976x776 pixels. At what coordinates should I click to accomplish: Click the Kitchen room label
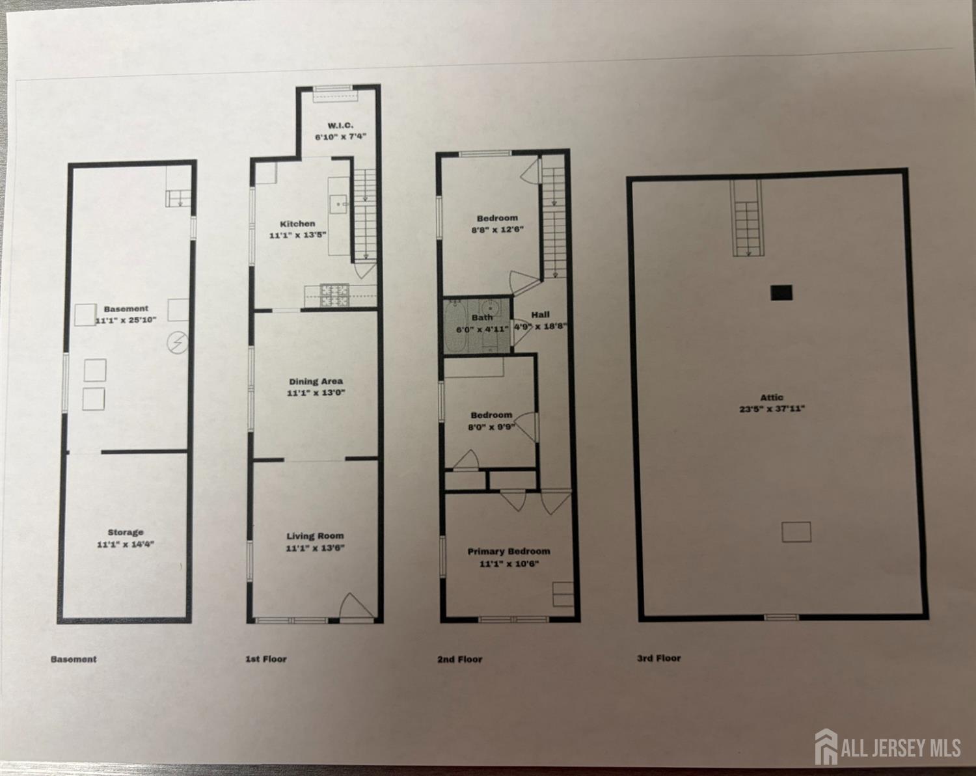point(297,224)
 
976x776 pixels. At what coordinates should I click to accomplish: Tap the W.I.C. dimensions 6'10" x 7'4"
point(340,137)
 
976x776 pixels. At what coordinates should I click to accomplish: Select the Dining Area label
point(316,381)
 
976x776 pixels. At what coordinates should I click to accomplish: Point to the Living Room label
point(315,536)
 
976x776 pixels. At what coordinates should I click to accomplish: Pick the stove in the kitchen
point(334,295)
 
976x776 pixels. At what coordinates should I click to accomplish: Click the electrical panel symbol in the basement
point(178,342)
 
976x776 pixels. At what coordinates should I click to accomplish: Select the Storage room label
point(126,533)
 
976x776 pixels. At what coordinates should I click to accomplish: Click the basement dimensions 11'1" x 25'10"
point(126,320)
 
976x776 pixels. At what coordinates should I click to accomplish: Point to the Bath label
point(481,317)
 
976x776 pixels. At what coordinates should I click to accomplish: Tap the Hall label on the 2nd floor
point(540,314)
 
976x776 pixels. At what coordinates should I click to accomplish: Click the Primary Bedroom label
point(509,552)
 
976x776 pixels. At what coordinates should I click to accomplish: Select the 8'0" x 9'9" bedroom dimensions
point(492,427)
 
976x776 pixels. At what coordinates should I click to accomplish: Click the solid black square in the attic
point(781,293)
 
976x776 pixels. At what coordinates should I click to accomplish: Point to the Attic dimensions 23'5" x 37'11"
point(772,408)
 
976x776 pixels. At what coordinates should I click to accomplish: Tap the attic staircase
point(746,219)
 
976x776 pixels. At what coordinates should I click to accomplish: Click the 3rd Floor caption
point(659,658)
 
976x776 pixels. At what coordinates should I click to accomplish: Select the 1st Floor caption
point(266,659)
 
